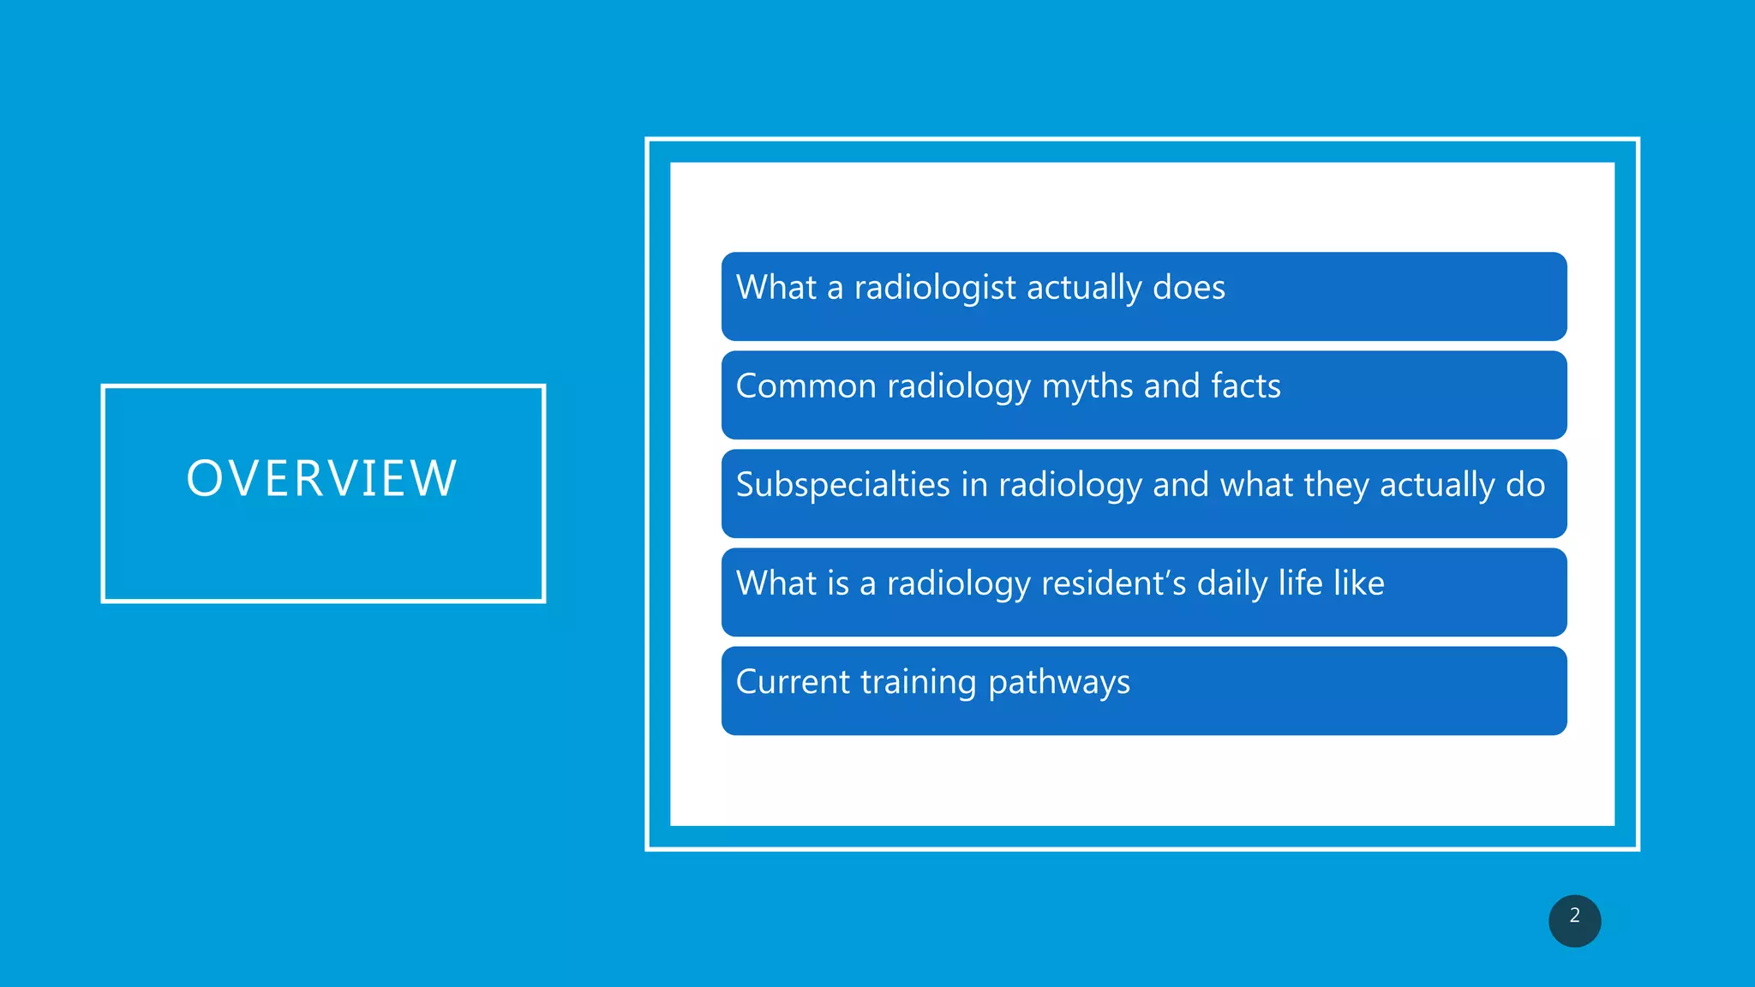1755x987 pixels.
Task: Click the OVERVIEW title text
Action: click(x=322, y=478)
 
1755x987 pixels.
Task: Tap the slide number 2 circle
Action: click(x=1574, y=920)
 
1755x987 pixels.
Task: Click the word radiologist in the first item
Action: click(x=935, y=288)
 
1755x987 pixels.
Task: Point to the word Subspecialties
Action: click(x=843, y=485)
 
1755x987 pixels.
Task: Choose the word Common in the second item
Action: click(x=806, y=386)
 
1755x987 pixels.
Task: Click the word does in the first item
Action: click(x=1189, y=288)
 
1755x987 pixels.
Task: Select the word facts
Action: click(x=1246, y=386)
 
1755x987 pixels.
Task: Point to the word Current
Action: click(x=793, y=682)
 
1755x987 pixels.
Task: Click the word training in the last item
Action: click(x=918, y=683)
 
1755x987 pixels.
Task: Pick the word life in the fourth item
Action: click(x=1300, y=583)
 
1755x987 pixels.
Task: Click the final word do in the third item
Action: click(x=1525, y=485)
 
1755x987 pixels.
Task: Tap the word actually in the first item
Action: click(x=1083, y=289)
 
